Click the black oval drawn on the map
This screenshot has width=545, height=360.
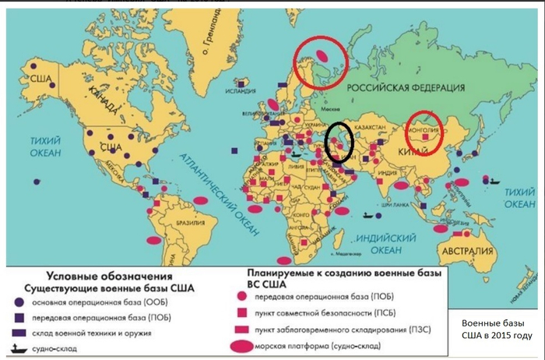pyautogui.click(x=339, y=141)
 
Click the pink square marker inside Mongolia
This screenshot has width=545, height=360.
pyautogui.click(x=424, y=138)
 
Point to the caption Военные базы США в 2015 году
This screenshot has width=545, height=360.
pyautogui.click(x=496, y=329)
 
